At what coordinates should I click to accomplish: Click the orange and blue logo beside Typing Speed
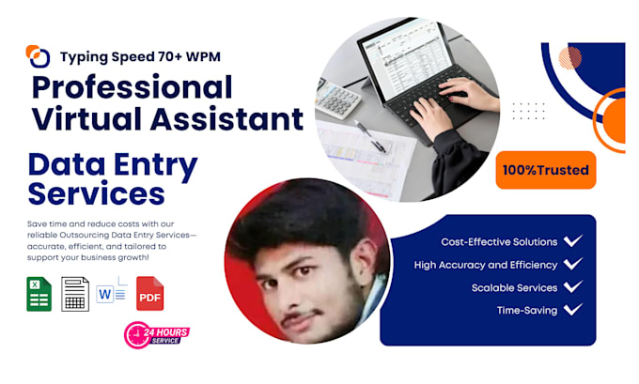pyautogui.click(x=38, y=56)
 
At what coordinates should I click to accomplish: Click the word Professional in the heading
pyautogui.click(x=132, y=86)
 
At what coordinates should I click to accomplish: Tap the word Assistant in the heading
pyautogui.click(x=227, y=119)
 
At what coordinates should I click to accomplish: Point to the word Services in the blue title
pyautogui.click(x=97, y=193)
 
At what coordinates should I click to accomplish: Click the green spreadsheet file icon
pyautogui.click(x=39, y=294)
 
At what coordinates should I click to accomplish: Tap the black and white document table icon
pyautogui.click(x=75, y=294)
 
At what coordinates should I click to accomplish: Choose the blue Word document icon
pyautogui.click(x=111, y=291)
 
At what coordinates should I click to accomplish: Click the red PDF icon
pyautogui.click(x=150, y=294)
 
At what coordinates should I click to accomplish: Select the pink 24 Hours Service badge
pyautogui.click(x=157, y=335)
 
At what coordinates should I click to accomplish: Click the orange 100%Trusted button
pyautogui.click(x=546, y=170)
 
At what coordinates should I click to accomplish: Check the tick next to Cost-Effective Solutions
pyautogui.click(x=573, y=240)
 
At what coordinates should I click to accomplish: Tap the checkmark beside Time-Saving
pyautogui.click(x=573, y=310)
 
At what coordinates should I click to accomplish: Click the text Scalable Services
pyautogui.click(x=514, y=288)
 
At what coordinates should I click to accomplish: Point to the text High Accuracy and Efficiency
pyautogui.click(x=486, y=265)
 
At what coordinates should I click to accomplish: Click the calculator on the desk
pyautogui.click(x=338, y=100)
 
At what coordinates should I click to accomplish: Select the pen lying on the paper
pyautogui.click(x=370, y=137)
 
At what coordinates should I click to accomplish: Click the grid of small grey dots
pyautogui.click(x=528, y=111)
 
